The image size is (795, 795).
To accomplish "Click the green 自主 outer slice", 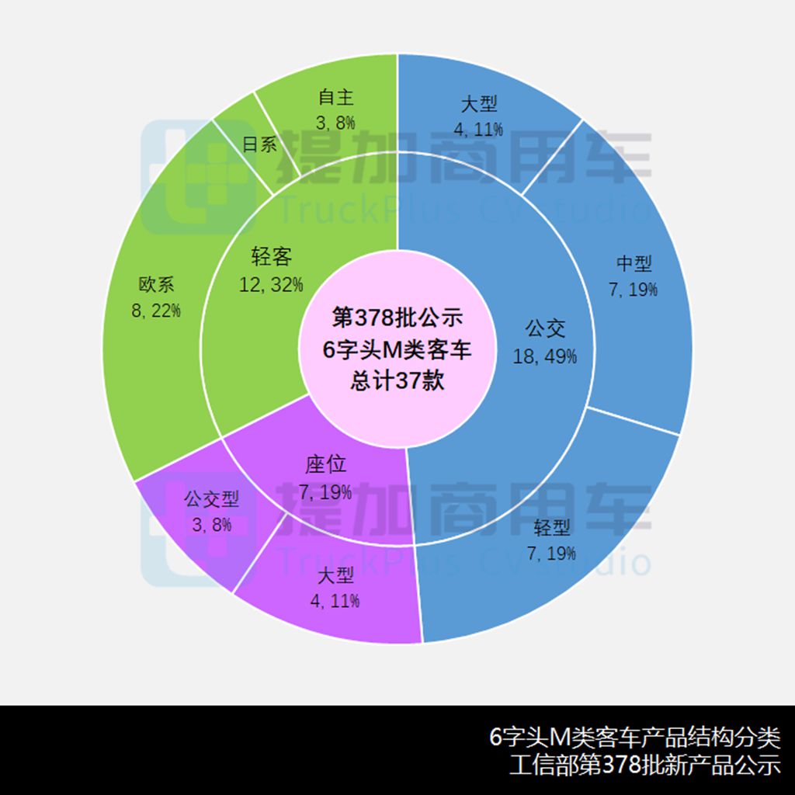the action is [x=335, y=109].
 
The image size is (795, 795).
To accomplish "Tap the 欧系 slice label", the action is [x=156, y=284].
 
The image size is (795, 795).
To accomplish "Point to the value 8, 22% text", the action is [x=156, y=311].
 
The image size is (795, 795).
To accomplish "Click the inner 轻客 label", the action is [x=271, y=256].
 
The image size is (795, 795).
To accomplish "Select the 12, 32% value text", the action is [x=271, y=284].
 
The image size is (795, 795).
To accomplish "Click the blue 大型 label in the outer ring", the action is [x=478, y=104].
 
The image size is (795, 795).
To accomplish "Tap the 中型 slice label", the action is [x=634, y=263].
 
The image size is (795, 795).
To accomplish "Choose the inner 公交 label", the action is [x=545, y=328].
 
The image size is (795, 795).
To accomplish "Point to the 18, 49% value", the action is [x=545, y=356].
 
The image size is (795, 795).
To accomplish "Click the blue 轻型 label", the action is [x=552, y=528].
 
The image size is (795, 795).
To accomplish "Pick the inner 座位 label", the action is [x=325, y=464].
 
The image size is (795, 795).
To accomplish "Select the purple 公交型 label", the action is [x=211, y=499].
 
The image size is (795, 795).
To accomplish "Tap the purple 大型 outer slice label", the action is [x=335, y=575].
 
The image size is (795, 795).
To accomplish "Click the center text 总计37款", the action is [x=397, y=380].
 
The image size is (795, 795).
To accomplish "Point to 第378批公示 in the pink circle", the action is [x=397, y=318].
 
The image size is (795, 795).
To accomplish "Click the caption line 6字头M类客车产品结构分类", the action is [x=635, y=738].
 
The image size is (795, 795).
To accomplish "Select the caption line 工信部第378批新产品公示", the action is [x=645, y=765].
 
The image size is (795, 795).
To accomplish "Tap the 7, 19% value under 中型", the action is [x=634, y=290].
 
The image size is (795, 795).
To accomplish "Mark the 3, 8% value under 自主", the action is [x=335, y=123].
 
